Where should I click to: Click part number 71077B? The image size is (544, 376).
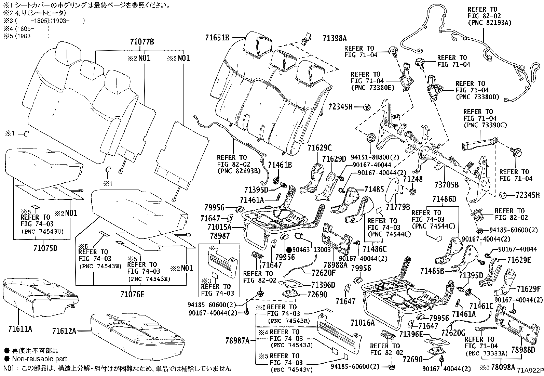point(142,42)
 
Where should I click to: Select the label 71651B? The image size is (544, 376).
point(217,37)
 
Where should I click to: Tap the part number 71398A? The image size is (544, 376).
point(335,38)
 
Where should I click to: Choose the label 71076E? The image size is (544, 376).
point(132,294)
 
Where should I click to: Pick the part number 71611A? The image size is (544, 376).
point(20,329)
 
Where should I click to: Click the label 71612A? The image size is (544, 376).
point(64,331)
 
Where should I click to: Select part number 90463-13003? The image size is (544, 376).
point(312,250)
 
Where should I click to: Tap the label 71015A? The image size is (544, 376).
point(219,227)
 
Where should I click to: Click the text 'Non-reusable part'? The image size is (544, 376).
point(40,359)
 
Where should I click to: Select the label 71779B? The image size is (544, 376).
point(398,207)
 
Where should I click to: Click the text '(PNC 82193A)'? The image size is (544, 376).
point(489,23)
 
